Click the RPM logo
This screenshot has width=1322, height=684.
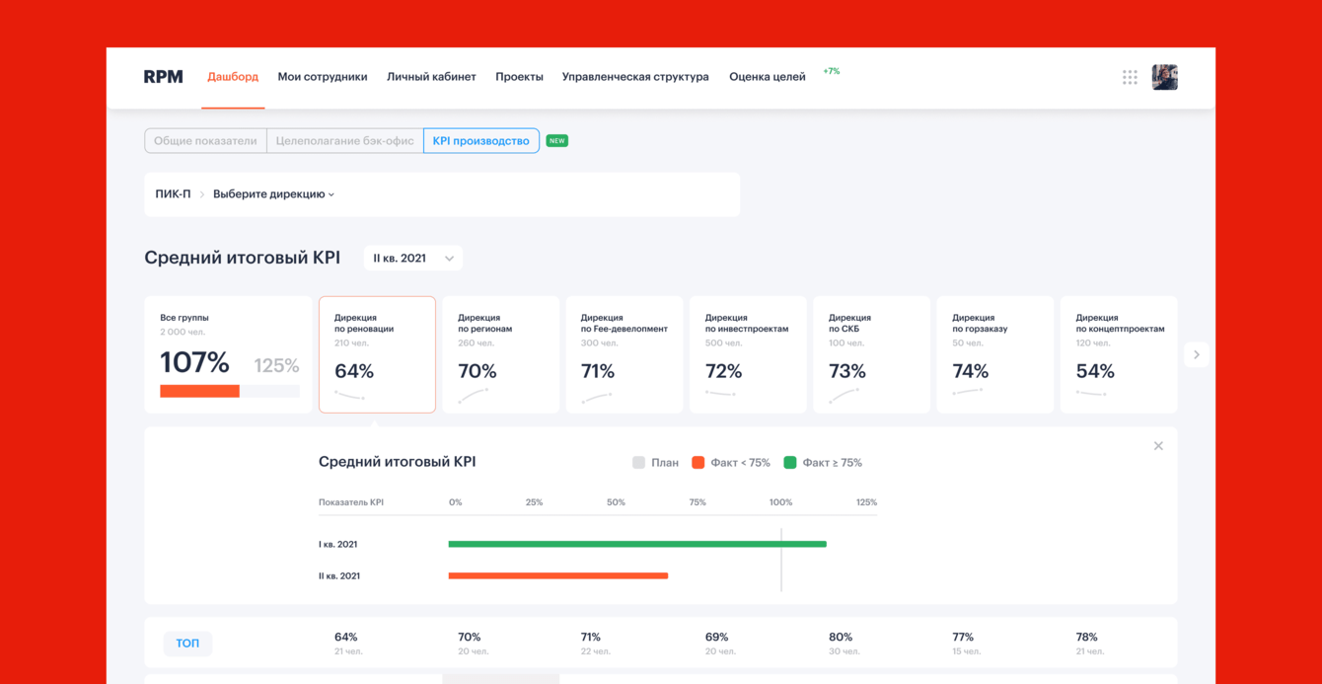coord(163,77)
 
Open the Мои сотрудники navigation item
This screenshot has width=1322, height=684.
coord(323,77)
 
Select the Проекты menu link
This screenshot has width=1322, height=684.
coord(519,77)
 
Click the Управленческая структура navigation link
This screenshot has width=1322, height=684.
coord(635,77)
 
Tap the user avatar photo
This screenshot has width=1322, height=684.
coord(1164,77)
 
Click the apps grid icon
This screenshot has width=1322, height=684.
coord(1130,77)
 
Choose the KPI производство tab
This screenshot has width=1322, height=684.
coord(481,141)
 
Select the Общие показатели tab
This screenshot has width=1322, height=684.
coord(205,141)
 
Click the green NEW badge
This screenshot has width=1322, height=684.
coord(557,141)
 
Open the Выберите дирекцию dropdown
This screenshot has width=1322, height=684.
coord(273,194)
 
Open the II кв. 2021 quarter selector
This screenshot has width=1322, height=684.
coord(412,259)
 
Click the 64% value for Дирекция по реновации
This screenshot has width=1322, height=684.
coord(354,371)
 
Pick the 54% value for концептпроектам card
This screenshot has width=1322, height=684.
coord(1095,371)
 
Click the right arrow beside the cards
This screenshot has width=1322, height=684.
coord(1197,354)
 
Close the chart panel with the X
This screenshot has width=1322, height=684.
coord(1158,446)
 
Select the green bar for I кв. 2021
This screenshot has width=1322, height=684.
coord(636,544)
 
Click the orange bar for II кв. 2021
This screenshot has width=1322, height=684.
coord(557,575)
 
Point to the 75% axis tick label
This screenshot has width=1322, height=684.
coord(698,502)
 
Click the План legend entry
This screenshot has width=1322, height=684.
coord(656,463)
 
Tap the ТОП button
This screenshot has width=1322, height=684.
coord(187,644)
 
